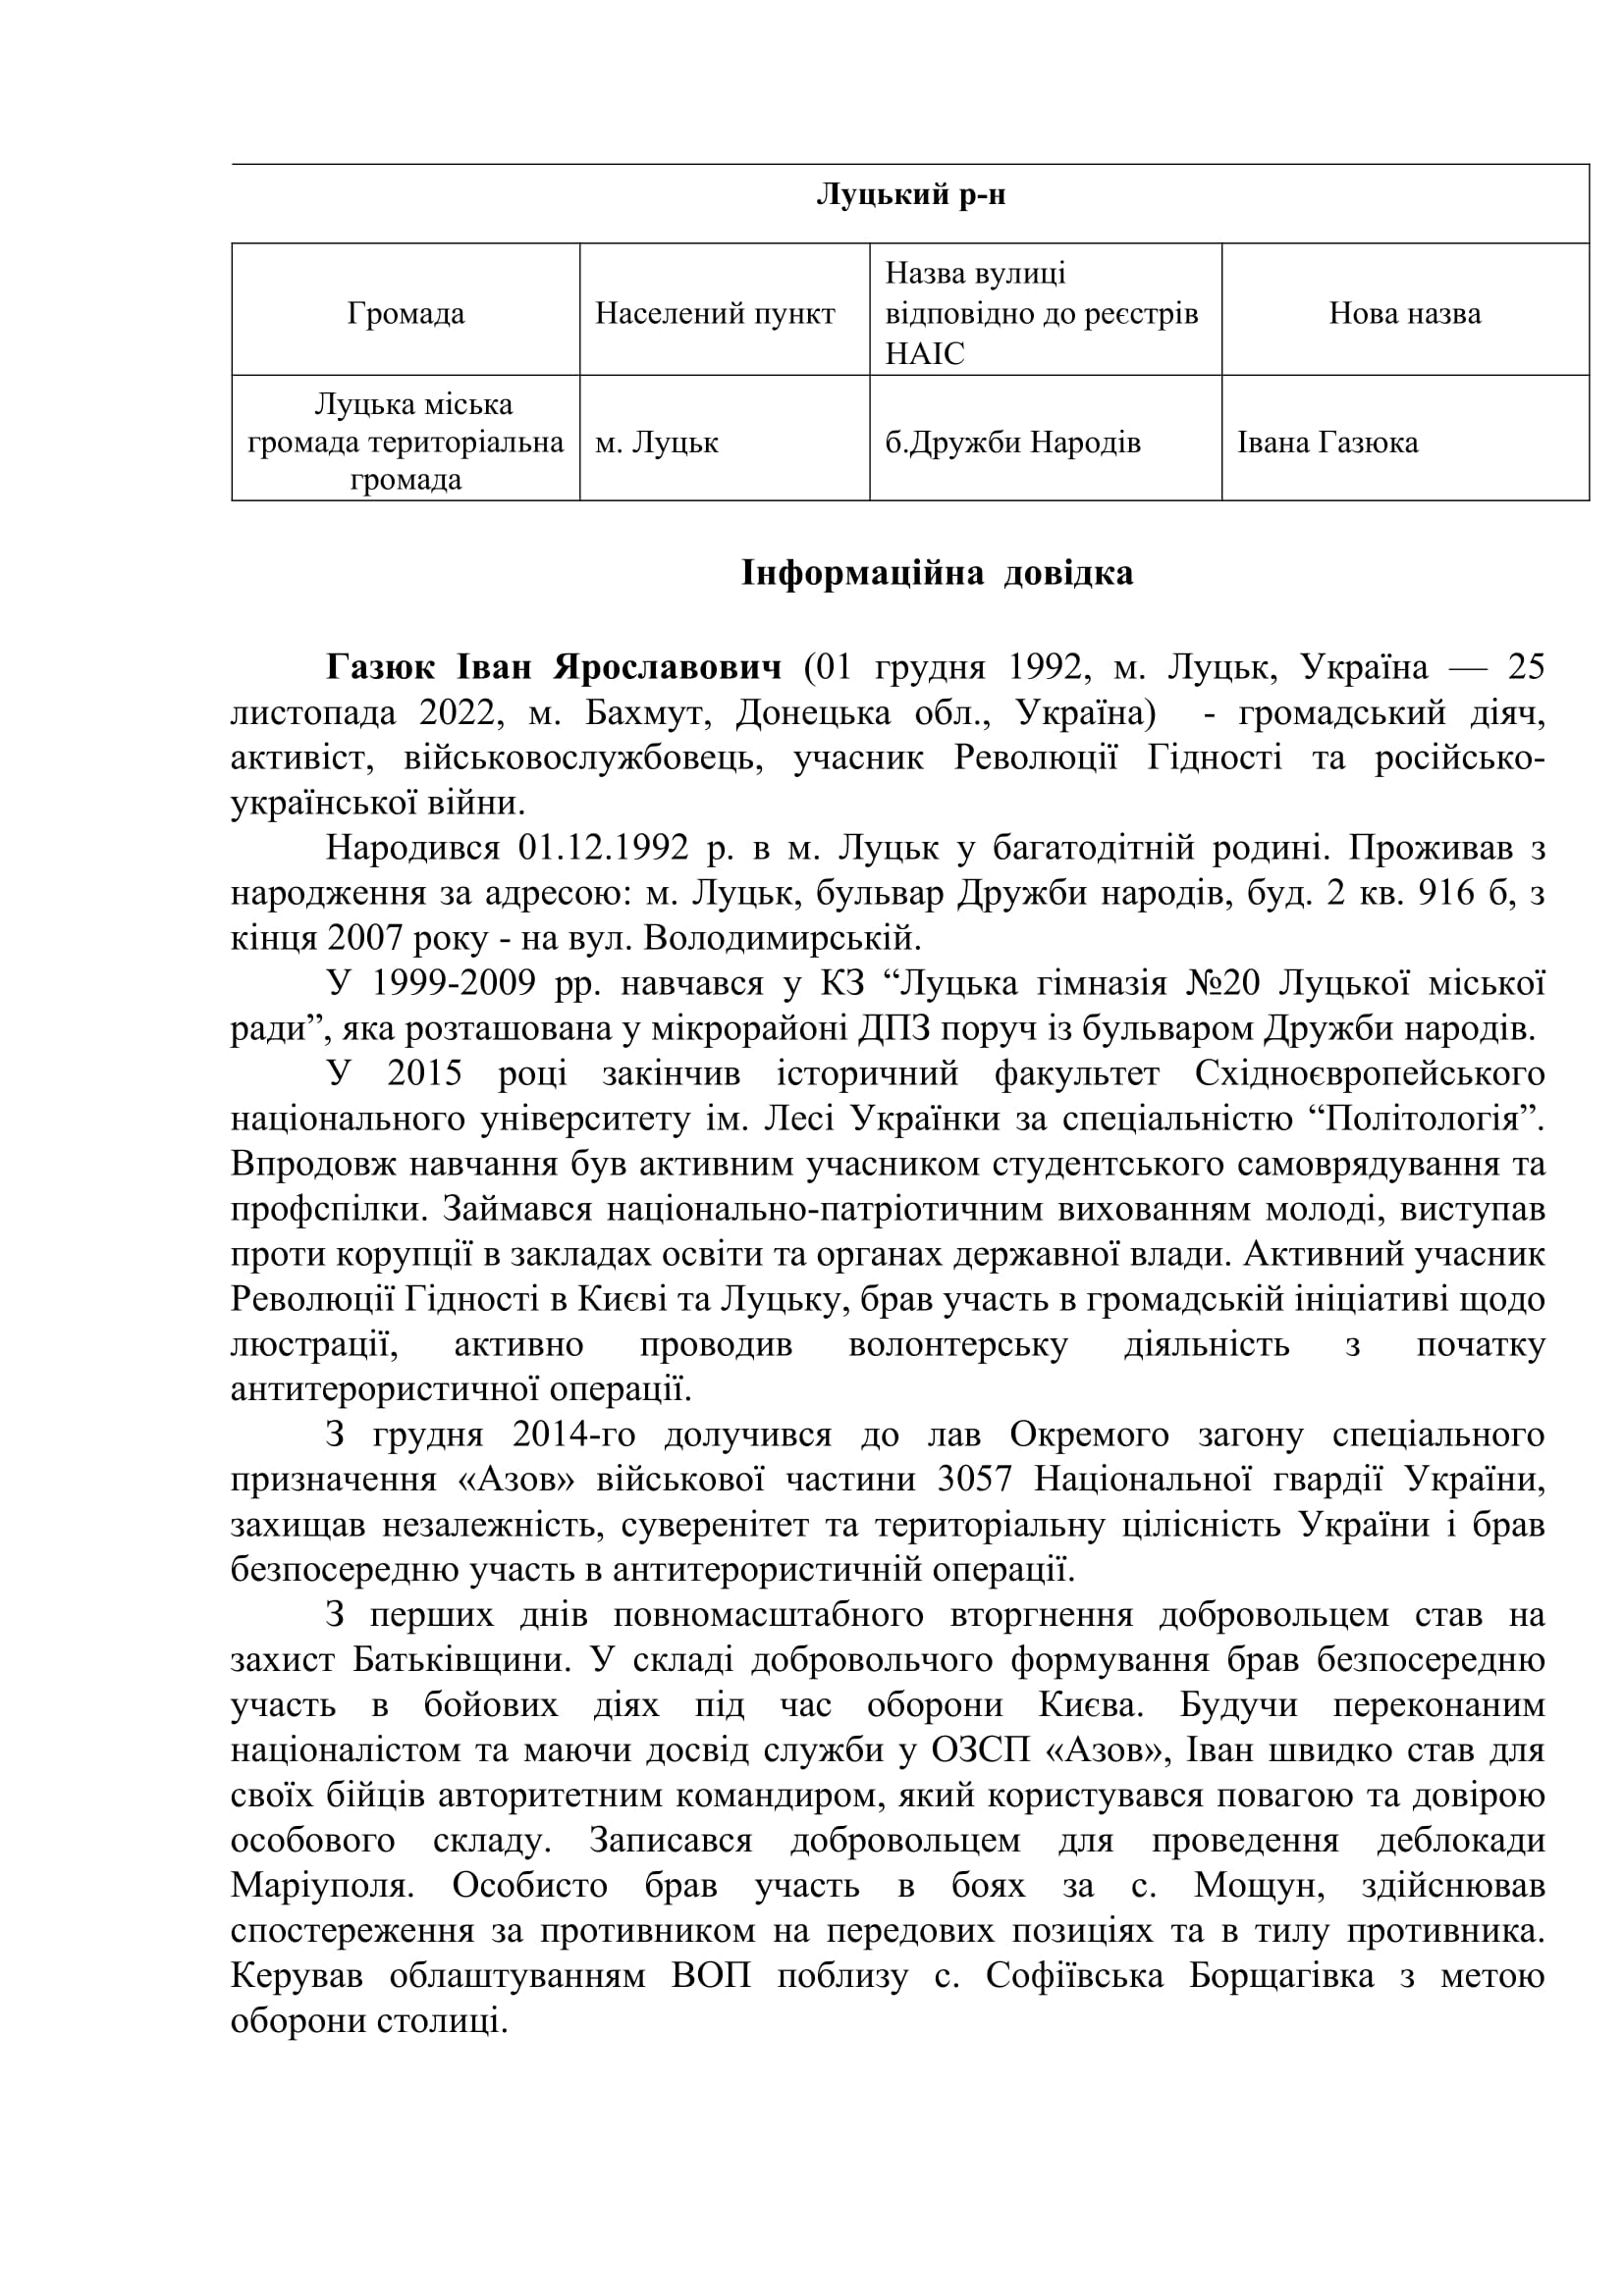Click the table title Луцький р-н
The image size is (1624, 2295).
pos(910,195)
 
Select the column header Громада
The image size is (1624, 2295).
pos(406,314)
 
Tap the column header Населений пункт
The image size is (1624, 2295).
pos(715,314)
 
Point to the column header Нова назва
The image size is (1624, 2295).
pos(1404,314)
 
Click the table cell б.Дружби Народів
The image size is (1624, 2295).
pos(1012,442)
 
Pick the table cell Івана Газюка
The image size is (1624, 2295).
pos(1327,442)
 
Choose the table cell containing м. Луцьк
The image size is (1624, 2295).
pos(657,442)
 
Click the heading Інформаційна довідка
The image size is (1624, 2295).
pos(937,574)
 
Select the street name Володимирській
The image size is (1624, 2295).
pos(779,939)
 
